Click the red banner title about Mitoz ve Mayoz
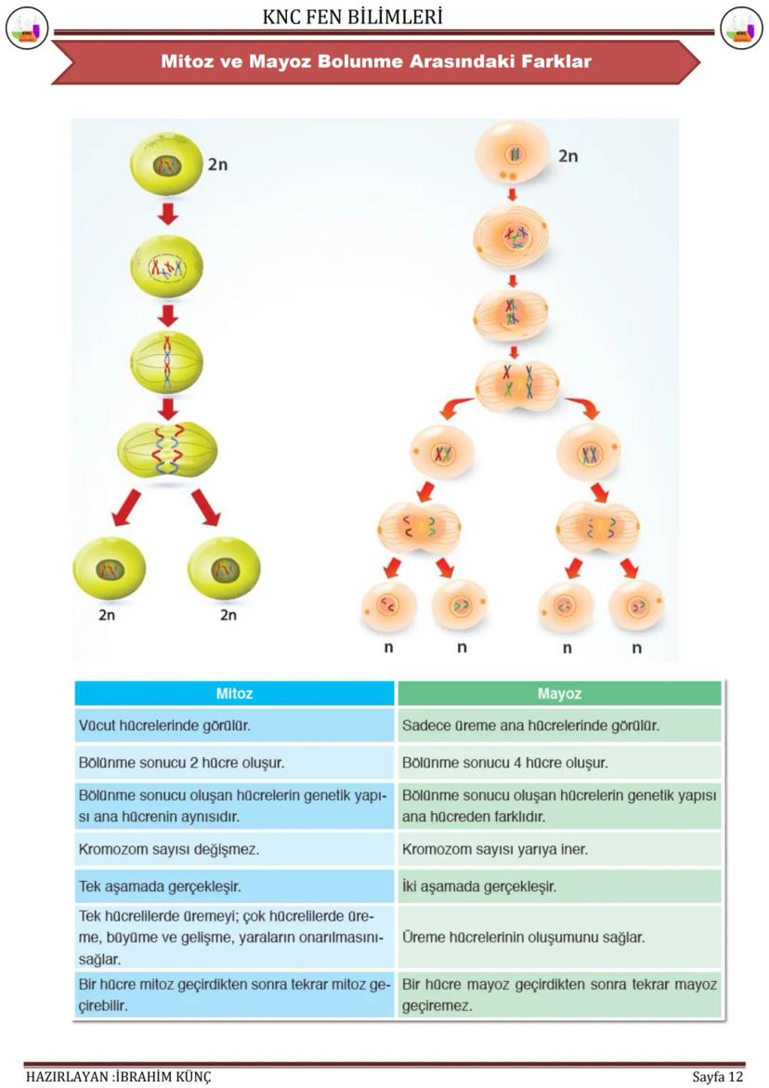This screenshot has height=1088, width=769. click(375, 62)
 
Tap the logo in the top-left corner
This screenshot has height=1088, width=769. click(26, 27)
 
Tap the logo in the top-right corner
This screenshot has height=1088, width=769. click(741, 27)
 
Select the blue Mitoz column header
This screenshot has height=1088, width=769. click(234, 693)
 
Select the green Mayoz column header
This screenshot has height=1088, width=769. click(559, 693)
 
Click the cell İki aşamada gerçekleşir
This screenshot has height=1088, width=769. click(479, 885)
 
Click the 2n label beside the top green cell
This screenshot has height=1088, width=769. click(217, 164)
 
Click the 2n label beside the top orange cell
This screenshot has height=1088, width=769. click(567, 156)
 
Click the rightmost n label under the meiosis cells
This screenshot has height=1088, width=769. click(636, 648)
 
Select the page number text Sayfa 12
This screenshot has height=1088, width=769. click(717, 1077)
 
